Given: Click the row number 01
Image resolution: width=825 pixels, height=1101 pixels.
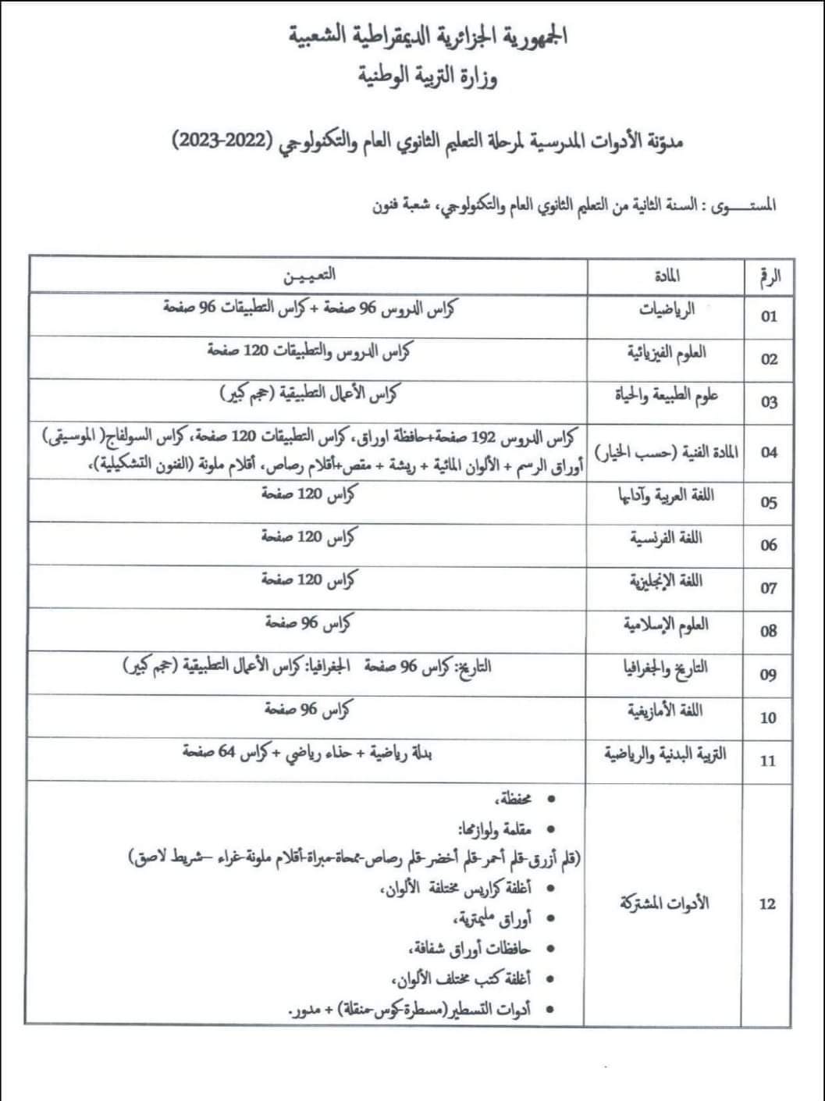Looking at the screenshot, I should point(769,316).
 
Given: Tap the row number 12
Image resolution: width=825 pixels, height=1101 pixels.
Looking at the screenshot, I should point(767,904).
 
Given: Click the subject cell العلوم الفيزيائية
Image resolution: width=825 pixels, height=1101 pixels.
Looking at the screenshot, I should point(667,353).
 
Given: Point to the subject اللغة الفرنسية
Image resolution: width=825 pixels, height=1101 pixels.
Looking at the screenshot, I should point(666,539).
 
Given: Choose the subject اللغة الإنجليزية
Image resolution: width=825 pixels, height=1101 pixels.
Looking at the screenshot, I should point(666,582).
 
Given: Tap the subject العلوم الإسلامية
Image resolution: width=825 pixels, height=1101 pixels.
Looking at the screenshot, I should point(666,625).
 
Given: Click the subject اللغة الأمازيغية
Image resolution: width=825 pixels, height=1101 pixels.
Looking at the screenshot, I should point(665,711).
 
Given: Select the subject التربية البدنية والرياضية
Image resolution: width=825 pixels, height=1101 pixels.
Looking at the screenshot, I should point(665,754).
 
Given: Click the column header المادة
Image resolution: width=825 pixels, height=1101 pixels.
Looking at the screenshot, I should point(667,276).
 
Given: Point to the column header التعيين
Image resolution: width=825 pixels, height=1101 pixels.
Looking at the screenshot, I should point(309,275).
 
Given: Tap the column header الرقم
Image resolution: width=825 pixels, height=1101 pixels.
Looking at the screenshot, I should point(770,276).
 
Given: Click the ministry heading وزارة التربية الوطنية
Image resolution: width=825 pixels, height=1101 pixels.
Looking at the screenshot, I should point(428,77).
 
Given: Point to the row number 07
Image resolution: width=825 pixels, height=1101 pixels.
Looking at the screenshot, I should point(769,588).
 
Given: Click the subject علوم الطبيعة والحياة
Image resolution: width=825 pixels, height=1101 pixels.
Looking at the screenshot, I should point(666,396).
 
